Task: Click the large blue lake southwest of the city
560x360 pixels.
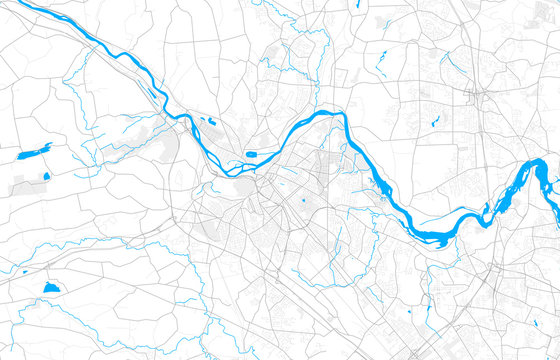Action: [x=52, y=287]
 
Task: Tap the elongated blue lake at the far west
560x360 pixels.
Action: [x=34, y=152]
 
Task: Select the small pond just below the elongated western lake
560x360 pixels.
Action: [x=46, y=176]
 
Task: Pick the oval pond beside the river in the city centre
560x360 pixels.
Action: [x=254, y=154]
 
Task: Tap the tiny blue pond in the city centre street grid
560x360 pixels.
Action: [x=303, y=200]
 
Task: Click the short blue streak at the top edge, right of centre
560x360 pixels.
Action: [x=358, y=5]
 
